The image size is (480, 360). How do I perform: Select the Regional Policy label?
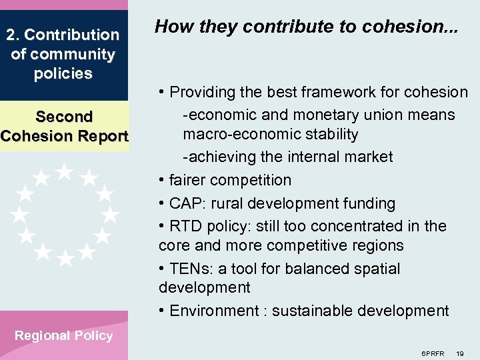pos(63,335)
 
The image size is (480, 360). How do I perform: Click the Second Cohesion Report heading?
pos(64,126)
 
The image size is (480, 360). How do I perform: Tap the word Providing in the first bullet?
pos(202,92)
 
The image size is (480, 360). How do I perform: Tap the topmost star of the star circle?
pos(65,171)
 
